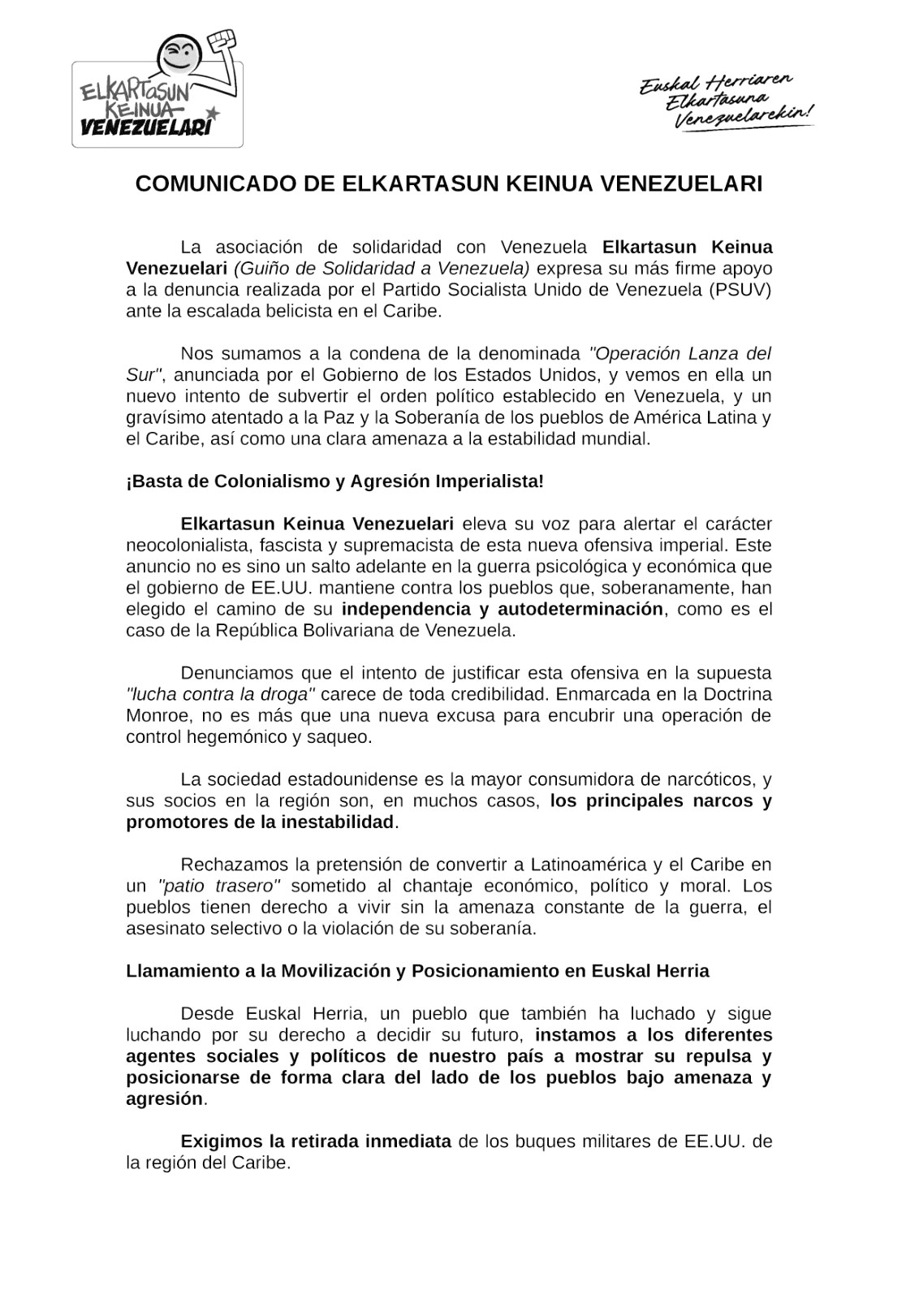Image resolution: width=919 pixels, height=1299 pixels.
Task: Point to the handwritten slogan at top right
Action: click(726, 100)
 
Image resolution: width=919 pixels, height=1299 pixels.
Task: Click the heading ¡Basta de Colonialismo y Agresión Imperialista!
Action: click(334, 481)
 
